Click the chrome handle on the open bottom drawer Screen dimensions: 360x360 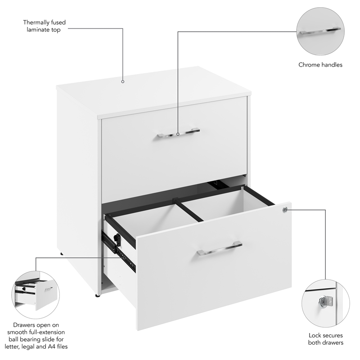[x=219, y=248]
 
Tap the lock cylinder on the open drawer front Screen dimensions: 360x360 [x=285, y=209]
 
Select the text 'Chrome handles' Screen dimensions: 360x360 [x=320, y=65]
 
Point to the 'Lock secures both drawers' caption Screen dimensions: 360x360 [x=326, y=339]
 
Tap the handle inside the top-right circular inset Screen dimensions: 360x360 [x=320, y=31]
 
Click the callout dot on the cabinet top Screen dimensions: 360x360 [x=122, y=82]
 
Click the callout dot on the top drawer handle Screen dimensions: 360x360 [x=178, y=134]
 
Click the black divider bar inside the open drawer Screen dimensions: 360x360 [x=189, y=211]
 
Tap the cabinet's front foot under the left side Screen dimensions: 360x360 [x=97, y=296]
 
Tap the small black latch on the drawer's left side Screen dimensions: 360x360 [x=117, y=239]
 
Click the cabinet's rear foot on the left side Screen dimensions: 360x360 [x=61, y=254]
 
